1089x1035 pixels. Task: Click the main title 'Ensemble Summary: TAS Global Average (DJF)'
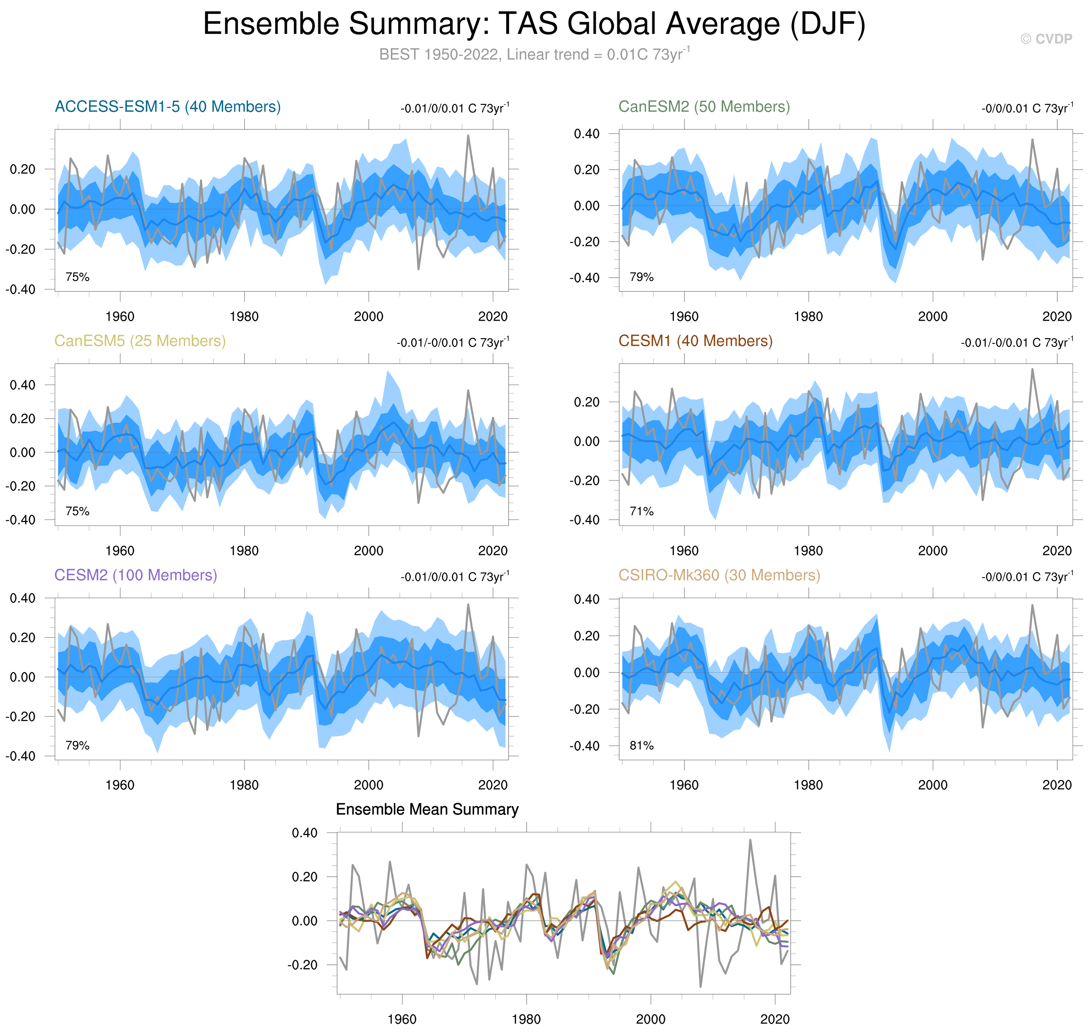coord(534,24)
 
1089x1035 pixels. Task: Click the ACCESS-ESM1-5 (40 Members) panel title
coord(168,106)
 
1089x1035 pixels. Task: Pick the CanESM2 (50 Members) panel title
coord(703,106)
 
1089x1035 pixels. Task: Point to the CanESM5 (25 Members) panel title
coord(140,341)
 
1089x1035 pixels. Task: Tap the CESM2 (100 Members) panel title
coord(136,575)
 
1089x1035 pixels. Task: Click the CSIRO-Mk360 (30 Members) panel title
coord(719,575)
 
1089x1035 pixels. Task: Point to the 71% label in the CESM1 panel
coord(641,511)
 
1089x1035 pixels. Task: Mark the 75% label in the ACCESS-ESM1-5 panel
coord(77,277)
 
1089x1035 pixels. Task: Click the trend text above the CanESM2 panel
coord(1027,108)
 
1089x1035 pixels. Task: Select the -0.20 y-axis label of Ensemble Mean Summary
coord(302,965)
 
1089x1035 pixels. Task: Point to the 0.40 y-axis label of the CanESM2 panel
coord(586,133)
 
